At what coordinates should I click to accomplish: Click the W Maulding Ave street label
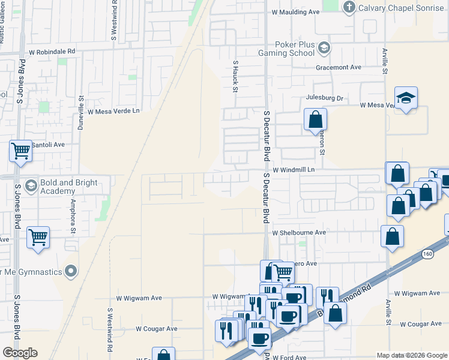tap(295, 11)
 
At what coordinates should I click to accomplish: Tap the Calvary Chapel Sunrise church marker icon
tap(349, 7)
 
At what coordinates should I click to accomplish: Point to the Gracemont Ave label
tap(339, 67)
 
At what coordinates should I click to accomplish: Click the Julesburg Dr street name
tap(324, 98)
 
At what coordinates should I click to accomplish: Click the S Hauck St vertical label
tap(236, 76)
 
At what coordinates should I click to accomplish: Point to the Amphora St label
tap(73, 215)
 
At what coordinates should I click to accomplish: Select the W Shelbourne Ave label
tap(298, 232)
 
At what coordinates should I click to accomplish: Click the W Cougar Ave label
tap(156, 329)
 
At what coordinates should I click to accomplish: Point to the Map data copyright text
tap(412, 355)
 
